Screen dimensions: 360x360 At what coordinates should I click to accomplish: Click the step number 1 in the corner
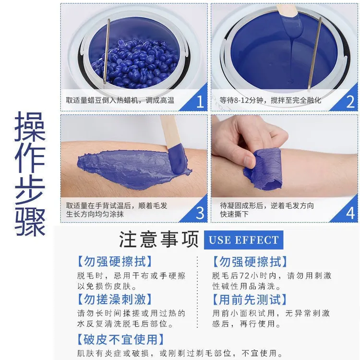pos(200,101)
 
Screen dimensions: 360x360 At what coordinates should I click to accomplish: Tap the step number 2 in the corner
pos(350,101)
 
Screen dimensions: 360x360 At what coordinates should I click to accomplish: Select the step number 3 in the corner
pos(200,213)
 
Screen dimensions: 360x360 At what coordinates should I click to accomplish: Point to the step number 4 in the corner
pos(350,213)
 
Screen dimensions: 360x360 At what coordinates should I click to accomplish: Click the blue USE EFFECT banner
pos(243,240)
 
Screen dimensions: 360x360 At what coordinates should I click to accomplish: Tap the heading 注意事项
pos(159,239)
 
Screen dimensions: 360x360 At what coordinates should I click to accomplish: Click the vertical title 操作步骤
pos(30,174)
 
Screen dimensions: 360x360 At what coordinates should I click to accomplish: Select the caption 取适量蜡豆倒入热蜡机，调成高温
pos(120,100)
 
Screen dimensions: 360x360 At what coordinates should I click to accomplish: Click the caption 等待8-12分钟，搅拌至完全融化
pos(270,100)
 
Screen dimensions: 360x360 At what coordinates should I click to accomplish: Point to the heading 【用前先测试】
pos(250,300)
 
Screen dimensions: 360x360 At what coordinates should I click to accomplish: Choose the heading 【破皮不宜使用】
pos(120,339)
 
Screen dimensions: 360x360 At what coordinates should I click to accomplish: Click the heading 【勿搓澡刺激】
pos(114,300)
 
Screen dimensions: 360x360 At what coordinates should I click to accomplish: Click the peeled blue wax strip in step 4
pos(264,169)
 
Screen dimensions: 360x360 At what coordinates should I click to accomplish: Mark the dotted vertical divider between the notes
pos(197,292)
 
